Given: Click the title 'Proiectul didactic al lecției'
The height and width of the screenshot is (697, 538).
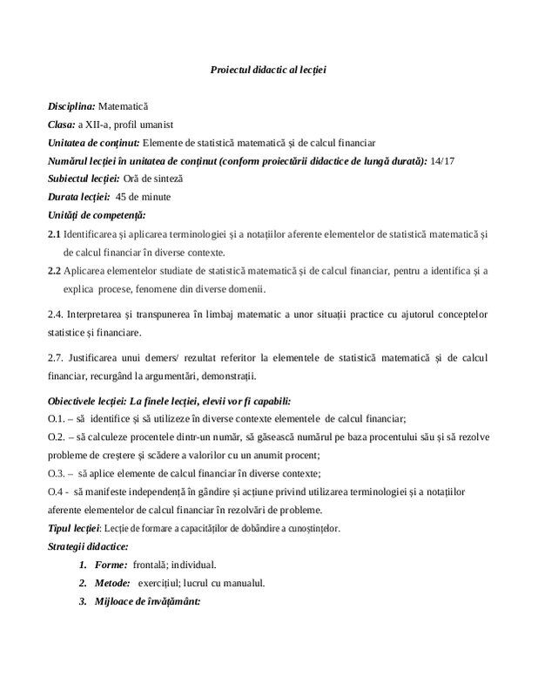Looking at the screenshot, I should [268, 69].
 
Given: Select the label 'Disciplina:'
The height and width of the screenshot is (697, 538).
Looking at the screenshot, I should [71, 105].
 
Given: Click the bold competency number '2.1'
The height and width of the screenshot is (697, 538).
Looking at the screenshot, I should [54, 233].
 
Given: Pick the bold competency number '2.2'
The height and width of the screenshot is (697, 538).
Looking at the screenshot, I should [54, 270].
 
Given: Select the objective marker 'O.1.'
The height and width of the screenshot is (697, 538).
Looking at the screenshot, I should [57, 418].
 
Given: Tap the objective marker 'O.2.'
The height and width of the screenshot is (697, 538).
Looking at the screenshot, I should [57, 436].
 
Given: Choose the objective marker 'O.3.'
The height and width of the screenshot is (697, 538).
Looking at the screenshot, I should [57, 473].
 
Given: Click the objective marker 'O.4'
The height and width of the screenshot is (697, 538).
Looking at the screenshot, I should [56, 491].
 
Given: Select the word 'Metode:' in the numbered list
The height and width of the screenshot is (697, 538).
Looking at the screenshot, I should [113, 583].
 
